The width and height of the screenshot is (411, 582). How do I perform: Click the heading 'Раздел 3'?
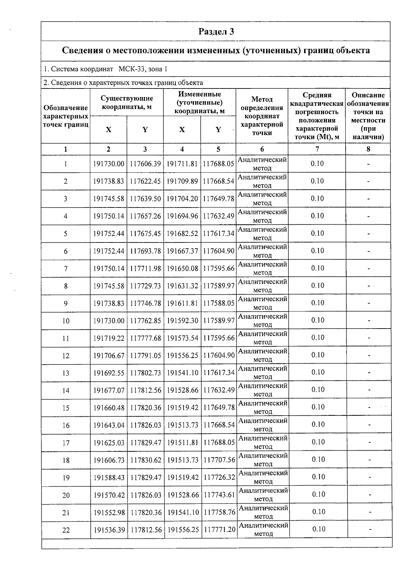pyautogui.click(x=216, y=32)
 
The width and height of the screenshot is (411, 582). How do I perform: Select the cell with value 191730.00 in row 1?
pyautogui.click(x=109, y=164)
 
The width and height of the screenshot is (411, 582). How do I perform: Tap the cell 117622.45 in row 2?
pyautogui.click(x=145, y=181)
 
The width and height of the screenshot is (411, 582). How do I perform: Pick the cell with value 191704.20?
pyautogui.click(x=182, y=199)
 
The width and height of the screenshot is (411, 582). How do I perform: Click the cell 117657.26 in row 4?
pyautogui.click(x=145, y=216)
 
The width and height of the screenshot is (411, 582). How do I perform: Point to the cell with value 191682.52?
pyautogui.click(x=182, y=234)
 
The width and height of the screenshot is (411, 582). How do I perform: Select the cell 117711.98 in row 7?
pyautogui.click(x=145, y=269)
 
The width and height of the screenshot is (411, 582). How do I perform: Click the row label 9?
pyautogui.click(x=66, y=304)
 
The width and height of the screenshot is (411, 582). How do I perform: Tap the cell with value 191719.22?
pyautogui.click(x=109, y=338)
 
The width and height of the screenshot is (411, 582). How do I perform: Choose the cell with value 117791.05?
pyautogui.click(x=146, y=356)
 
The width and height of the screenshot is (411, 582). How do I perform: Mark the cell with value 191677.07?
pyautogui.click(x=109, y=391)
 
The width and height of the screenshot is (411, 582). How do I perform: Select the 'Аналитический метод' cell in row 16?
pyautogui.click(x=263, y=425)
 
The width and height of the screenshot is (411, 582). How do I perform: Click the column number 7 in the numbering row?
pyautogui.click(x=317, y=149)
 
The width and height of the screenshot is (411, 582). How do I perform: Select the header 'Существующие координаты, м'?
pyautogui.click(x=127, y=103)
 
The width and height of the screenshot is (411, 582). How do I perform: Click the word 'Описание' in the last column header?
pyautogui.click(x=368, y=95)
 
